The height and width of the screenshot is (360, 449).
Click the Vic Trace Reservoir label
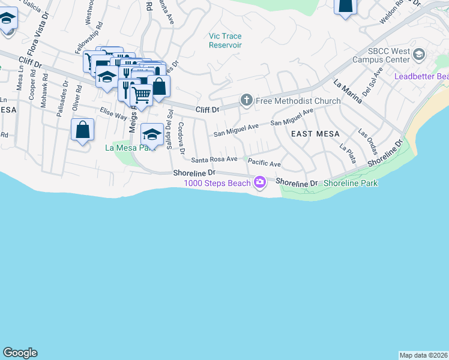(225, 40)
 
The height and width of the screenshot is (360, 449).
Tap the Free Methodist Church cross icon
(246, 100)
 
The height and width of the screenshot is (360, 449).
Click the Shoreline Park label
(351, 183)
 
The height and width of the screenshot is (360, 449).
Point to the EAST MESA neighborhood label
(315, 134)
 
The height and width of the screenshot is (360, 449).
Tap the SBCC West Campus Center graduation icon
(419, 55)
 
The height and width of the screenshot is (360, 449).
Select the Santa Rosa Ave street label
(214, 160)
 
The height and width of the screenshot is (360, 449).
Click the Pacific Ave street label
(264, 163)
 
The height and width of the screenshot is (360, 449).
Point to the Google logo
(20, 353)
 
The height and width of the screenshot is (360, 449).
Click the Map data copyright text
(424, 355)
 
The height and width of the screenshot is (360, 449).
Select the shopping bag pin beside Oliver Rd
(82, 130)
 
